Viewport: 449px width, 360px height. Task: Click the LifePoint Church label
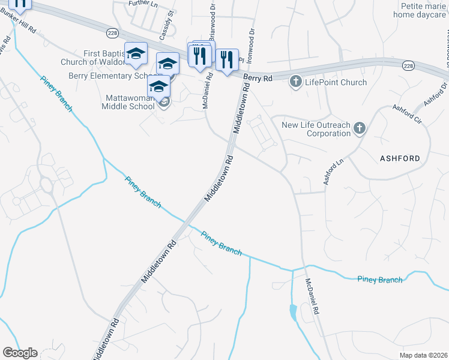(336, 82)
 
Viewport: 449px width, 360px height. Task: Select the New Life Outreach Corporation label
(316, 129)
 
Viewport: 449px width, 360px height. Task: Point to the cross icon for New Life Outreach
(359, 127)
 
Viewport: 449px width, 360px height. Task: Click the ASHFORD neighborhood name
(400, 158)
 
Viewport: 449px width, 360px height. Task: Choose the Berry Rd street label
(258, 79)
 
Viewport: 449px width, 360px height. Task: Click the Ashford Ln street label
(334, 170)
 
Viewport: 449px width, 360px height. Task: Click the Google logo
(19, 353)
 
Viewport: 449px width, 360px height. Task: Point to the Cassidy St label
(170, 21)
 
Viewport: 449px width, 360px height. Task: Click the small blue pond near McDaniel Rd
(293, 313)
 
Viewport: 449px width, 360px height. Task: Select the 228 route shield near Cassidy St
(112, 31)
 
